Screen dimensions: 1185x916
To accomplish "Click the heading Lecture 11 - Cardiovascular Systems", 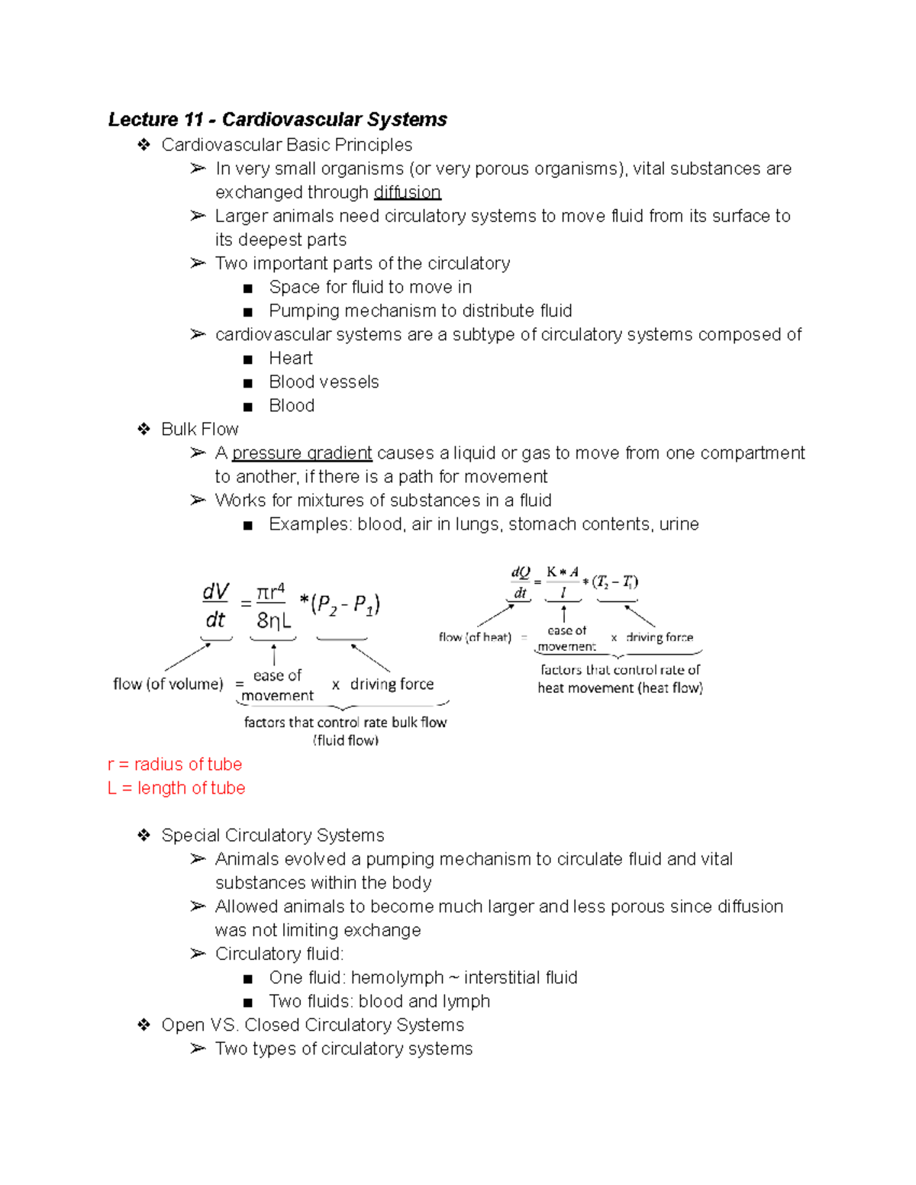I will [x=277, y=120].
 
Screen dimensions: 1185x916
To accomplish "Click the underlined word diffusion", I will [x=407, y=192].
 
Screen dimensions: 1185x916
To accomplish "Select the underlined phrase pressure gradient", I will [x=302, y=453].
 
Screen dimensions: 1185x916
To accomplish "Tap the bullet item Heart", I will [x=290, y=359].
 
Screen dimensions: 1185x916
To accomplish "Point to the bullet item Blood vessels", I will [x=324, y=382].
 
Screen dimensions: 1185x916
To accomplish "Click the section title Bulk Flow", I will [x=199, y=430].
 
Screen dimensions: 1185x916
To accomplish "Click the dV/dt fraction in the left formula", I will [x=215, y=605].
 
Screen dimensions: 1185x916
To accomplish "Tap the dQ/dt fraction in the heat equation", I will [x=520, y=582].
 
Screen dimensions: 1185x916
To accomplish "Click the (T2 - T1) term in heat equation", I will [x=614, y=581].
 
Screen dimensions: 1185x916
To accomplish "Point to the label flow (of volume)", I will [x=168, y=684].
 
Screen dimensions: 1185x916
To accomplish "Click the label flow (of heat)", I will [x=475, y=637].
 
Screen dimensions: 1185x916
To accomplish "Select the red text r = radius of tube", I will [x=175, y=765].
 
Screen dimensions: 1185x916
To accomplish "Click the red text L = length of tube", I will [x=176, y=788].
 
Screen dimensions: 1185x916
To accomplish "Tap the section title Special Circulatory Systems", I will [x=273, y=836].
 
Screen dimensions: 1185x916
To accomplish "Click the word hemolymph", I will [x=397, y=978].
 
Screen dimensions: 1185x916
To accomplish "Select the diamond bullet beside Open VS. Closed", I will [x=144, y=1025].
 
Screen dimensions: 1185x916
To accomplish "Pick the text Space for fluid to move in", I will [x=370, y=288].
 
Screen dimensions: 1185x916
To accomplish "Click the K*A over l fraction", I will [x=563, y=582].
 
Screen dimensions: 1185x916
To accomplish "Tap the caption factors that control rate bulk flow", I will [x=345, y=723].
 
